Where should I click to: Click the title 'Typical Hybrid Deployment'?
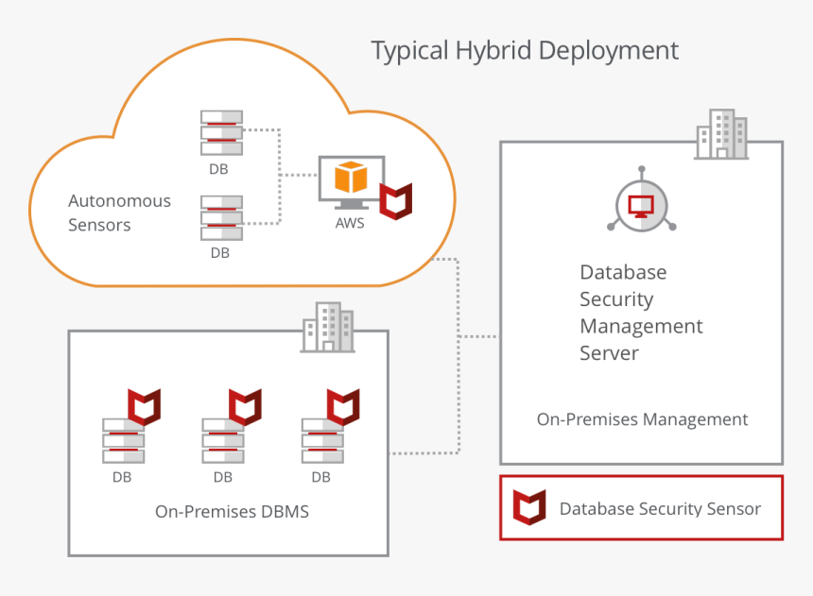pos(524,50)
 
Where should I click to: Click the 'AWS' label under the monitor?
pos(350,224)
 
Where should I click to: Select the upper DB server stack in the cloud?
pos(221,133)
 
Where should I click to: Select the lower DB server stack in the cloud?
pos(221,218)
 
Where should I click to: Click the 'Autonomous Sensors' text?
pos(119,213)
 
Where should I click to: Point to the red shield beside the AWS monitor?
pos(396,200)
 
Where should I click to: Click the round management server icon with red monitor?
pos(641,203)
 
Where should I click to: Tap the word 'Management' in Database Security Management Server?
pos(641,327)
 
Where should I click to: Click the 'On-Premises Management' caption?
pos(642,419)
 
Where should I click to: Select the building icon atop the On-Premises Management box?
pos(720,134)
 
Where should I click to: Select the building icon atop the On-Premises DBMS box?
pos(327,328)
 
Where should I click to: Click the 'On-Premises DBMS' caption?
pos(232,512)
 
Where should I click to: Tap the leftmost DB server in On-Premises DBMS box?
pos(124,440)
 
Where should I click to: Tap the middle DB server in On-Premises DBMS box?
pos(223,440)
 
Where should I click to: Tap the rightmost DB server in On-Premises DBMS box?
pos(322,440)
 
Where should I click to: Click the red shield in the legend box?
pos(529,507)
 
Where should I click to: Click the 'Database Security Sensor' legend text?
pos(660,509)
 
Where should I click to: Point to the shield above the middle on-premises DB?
pos(244,405)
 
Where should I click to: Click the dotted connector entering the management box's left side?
pos(480,336)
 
